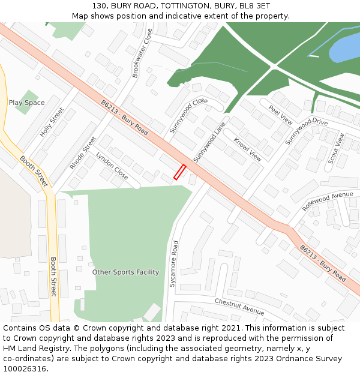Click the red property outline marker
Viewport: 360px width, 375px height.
pos(179,172)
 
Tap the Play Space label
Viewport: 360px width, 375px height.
pos(26,103)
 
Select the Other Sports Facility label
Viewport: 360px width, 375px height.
pos(125,272)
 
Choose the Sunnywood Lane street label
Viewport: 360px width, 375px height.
pos(209,142)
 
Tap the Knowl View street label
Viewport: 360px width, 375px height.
pos(247,150)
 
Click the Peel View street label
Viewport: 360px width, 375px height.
pos(280,115)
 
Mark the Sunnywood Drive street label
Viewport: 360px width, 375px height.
pos(306,131)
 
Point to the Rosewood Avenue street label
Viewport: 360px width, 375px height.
pos(328,202)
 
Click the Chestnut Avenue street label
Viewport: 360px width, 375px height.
pos(239,307)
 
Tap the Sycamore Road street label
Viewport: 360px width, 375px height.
pos(173,263)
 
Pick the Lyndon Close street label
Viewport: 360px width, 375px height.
pos(112,166)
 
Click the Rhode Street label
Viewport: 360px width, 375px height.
pos(83,152)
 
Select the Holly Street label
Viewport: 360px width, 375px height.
pos(52,122)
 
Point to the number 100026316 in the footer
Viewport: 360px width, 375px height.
pos(26,369)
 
